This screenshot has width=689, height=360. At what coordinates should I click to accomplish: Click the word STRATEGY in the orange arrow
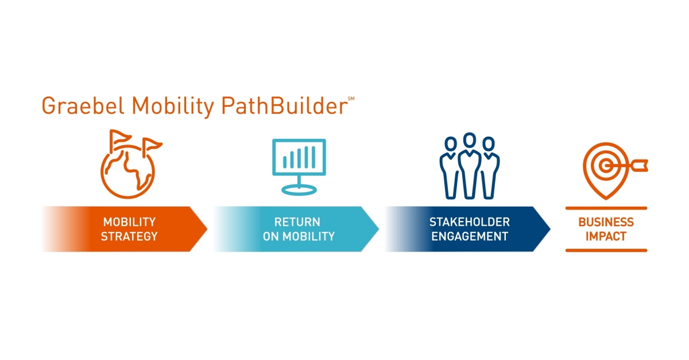[129, 236]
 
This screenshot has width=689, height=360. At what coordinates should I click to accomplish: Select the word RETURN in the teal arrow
[297, 222]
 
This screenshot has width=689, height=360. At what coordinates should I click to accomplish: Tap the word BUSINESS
[606, 222]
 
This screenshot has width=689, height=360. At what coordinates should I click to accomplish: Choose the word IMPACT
[606, 236]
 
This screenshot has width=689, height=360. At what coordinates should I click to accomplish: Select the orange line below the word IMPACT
[606, 250]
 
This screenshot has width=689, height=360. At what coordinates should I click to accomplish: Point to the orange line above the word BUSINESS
[606, 208]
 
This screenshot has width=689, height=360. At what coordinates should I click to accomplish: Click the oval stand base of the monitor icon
[299, 189]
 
